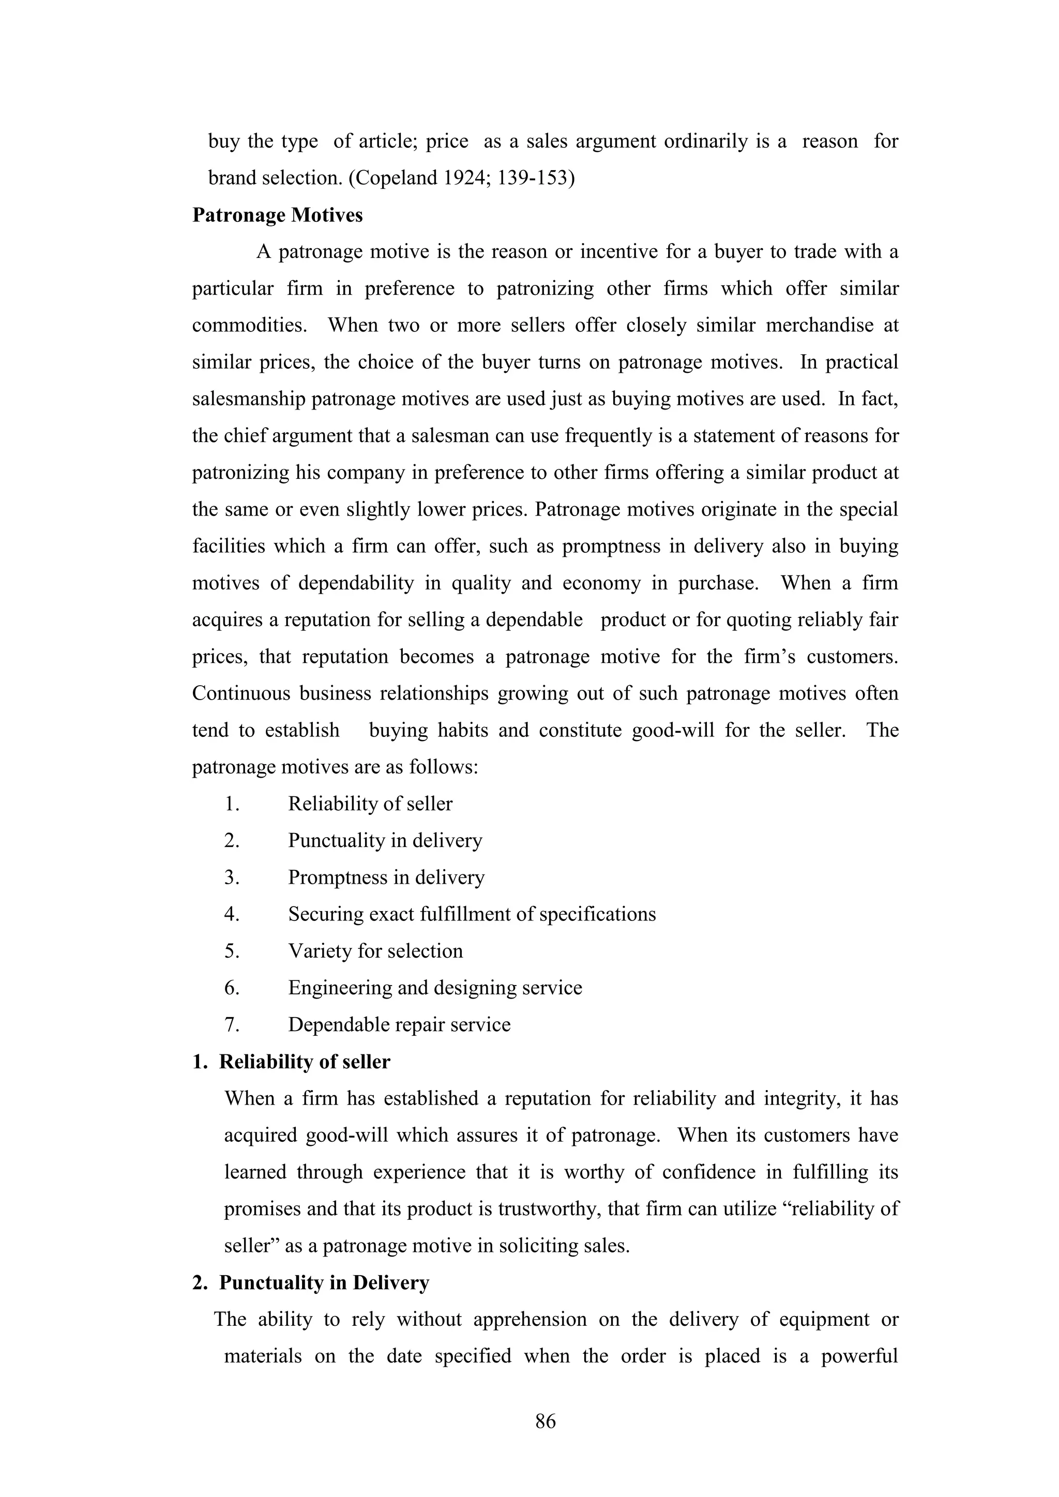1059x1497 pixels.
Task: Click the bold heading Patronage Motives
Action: click(277, 215)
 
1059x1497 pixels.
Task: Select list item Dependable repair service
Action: click(399, 1024)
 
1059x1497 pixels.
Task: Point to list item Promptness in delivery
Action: click(386, 878)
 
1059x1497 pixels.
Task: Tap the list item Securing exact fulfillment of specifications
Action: click(472, 914)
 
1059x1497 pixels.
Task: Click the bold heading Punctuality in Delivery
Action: click(324, 1282)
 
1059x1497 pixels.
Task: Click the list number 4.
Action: click(232, 914)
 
